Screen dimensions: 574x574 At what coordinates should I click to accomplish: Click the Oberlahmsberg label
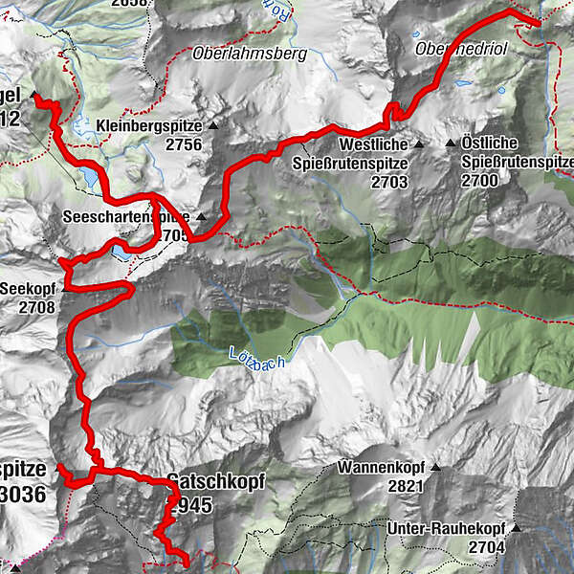tap(249, 54)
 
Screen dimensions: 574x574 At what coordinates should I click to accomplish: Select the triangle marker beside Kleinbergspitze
tap(214, 125)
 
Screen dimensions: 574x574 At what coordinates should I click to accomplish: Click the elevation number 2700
tap(481, 180)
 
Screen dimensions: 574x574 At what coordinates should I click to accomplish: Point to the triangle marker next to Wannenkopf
tap(436, 469)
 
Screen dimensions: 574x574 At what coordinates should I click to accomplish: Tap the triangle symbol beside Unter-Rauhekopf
tap(515, 527)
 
